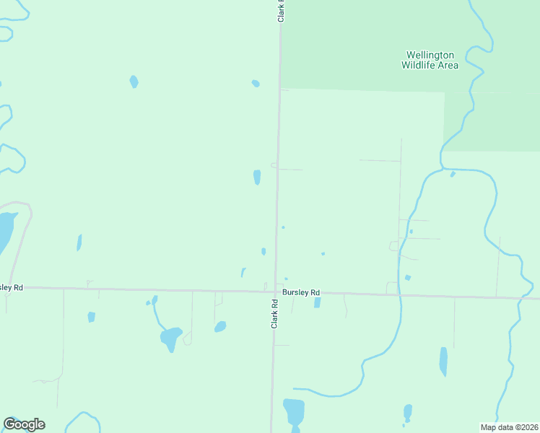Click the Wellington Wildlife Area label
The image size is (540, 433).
click(430, 60)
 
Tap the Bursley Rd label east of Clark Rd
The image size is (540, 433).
click(300, 292)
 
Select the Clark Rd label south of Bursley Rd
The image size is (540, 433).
click(274, 314)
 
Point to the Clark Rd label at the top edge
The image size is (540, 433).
click(281, 11)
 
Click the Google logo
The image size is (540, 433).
click(24, 424)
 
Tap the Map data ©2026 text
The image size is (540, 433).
click(509, 427)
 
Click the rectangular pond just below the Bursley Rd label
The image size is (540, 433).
click(317, 303)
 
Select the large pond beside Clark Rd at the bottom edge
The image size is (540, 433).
click(294, 412)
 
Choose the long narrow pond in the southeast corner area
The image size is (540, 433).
click(443, 362)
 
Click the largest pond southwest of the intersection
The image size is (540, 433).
click(171, 338)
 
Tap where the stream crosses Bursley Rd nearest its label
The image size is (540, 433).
click(399, 294)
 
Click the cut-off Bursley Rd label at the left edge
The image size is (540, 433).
click(12, 287)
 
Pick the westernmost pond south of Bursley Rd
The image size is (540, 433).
click(92, 317)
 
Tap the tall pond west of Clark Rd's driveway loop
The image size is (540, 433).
click(257, 177)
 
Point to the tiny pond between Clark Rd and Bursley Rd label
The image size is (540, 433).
click(287, 279)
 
